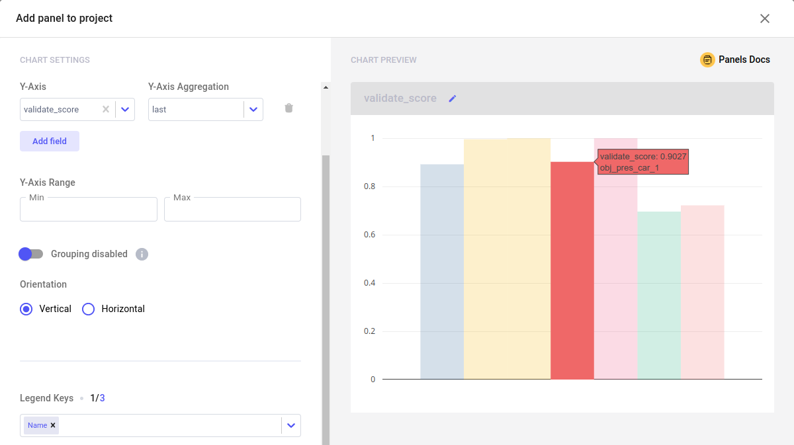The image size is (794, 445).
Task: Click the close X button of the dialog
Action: [x=765, y=19]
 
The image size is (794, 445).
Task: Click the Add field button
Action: [x=50, y=141]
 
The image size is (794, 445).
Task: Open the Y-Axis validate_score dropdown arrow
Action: [x=125, y=110]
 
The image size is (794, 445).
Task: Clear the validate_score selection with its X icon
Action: [x=106, y=110]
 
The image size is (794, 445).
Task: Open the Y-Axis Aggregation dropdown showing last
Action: [x=253, y=110]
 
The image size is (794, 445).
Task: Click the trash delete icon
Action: [x=288, y=108]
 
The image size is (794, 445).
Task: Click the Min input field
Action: [x=89, y=210]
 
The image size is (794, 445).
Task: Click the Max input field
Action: [x=232, y=210]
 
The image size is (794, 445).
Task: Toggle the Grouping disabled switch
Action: [x=30, y=254]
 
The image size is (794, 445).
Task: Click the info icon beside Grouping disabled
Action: [x=142, y=254]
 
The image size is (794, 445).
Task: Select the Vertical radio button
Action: [x=26, y=309]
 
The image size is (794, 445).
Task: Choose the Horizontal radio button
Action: [x=89, y=309]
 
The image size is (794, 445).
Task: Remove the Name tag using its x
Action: [x=53, y=425]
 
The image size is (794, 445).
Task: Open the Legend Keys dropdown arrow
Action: [x=291, y=425]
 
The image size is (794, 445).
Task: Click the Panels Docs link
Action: [x=735, y=60]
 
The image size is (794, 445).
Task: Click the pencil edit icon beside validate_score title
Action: [x=453, y=99]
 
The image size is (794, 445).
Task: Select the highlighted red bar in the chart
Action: [x=572, y=271]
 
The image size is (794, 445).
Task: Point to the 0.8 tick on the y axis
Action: [x=373, y=186]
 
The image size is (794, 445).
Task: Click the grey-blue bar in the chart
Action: [x=442, y=272]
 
